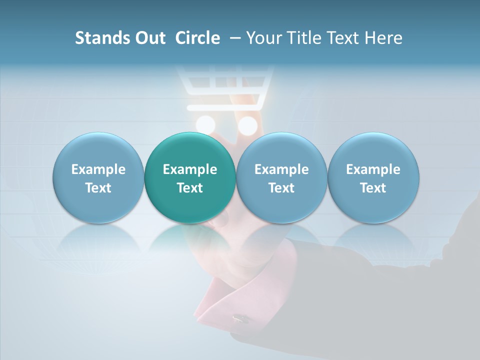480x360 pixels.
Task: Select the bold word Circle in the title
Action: [197, 38]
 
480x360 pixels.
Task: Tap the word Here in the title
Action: [383, 38]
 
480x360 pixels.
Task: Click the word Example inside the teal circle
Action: [190, 169]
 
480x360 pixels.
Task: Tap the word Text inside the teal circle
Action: [190, 188]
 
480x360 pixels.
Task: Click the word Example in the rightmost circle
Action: [373, 169]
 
